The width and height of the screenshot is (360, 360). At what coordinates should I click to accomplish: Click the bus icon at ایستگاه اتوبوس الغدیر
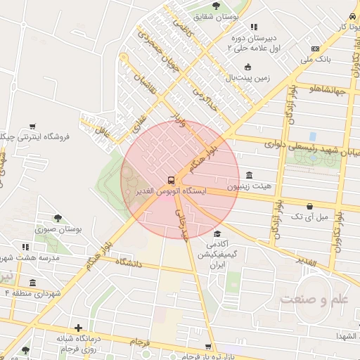[x=172, y=180]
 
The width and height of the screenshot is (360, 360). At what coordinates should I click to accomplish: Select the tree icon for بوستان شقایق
[x=216, y=6]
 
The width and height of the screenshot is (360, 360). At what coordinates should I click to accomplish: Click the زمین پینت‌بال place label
[x=247, y=79]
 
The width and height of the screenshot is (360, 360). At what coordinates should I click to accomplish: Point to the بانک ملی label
[x=315, y=60]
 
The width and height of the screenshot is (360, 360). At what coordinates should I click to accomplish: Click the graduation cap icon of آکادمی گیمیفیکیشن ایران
[x=217, y=233]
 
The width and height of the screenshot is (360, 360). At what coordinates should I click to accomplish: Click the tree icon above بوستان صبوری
[x=58, y=217]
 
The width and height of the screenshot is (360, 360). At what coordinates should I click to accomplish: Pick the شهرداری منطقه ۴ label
[x=34, y=292]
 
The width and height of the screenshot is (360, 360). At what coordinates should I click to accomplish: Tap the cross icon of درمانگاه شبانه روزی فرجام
[x=78, y=328]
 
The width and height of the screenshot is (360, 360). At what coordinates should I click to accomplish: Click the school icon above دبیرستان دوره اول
[x=254, y=27]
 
